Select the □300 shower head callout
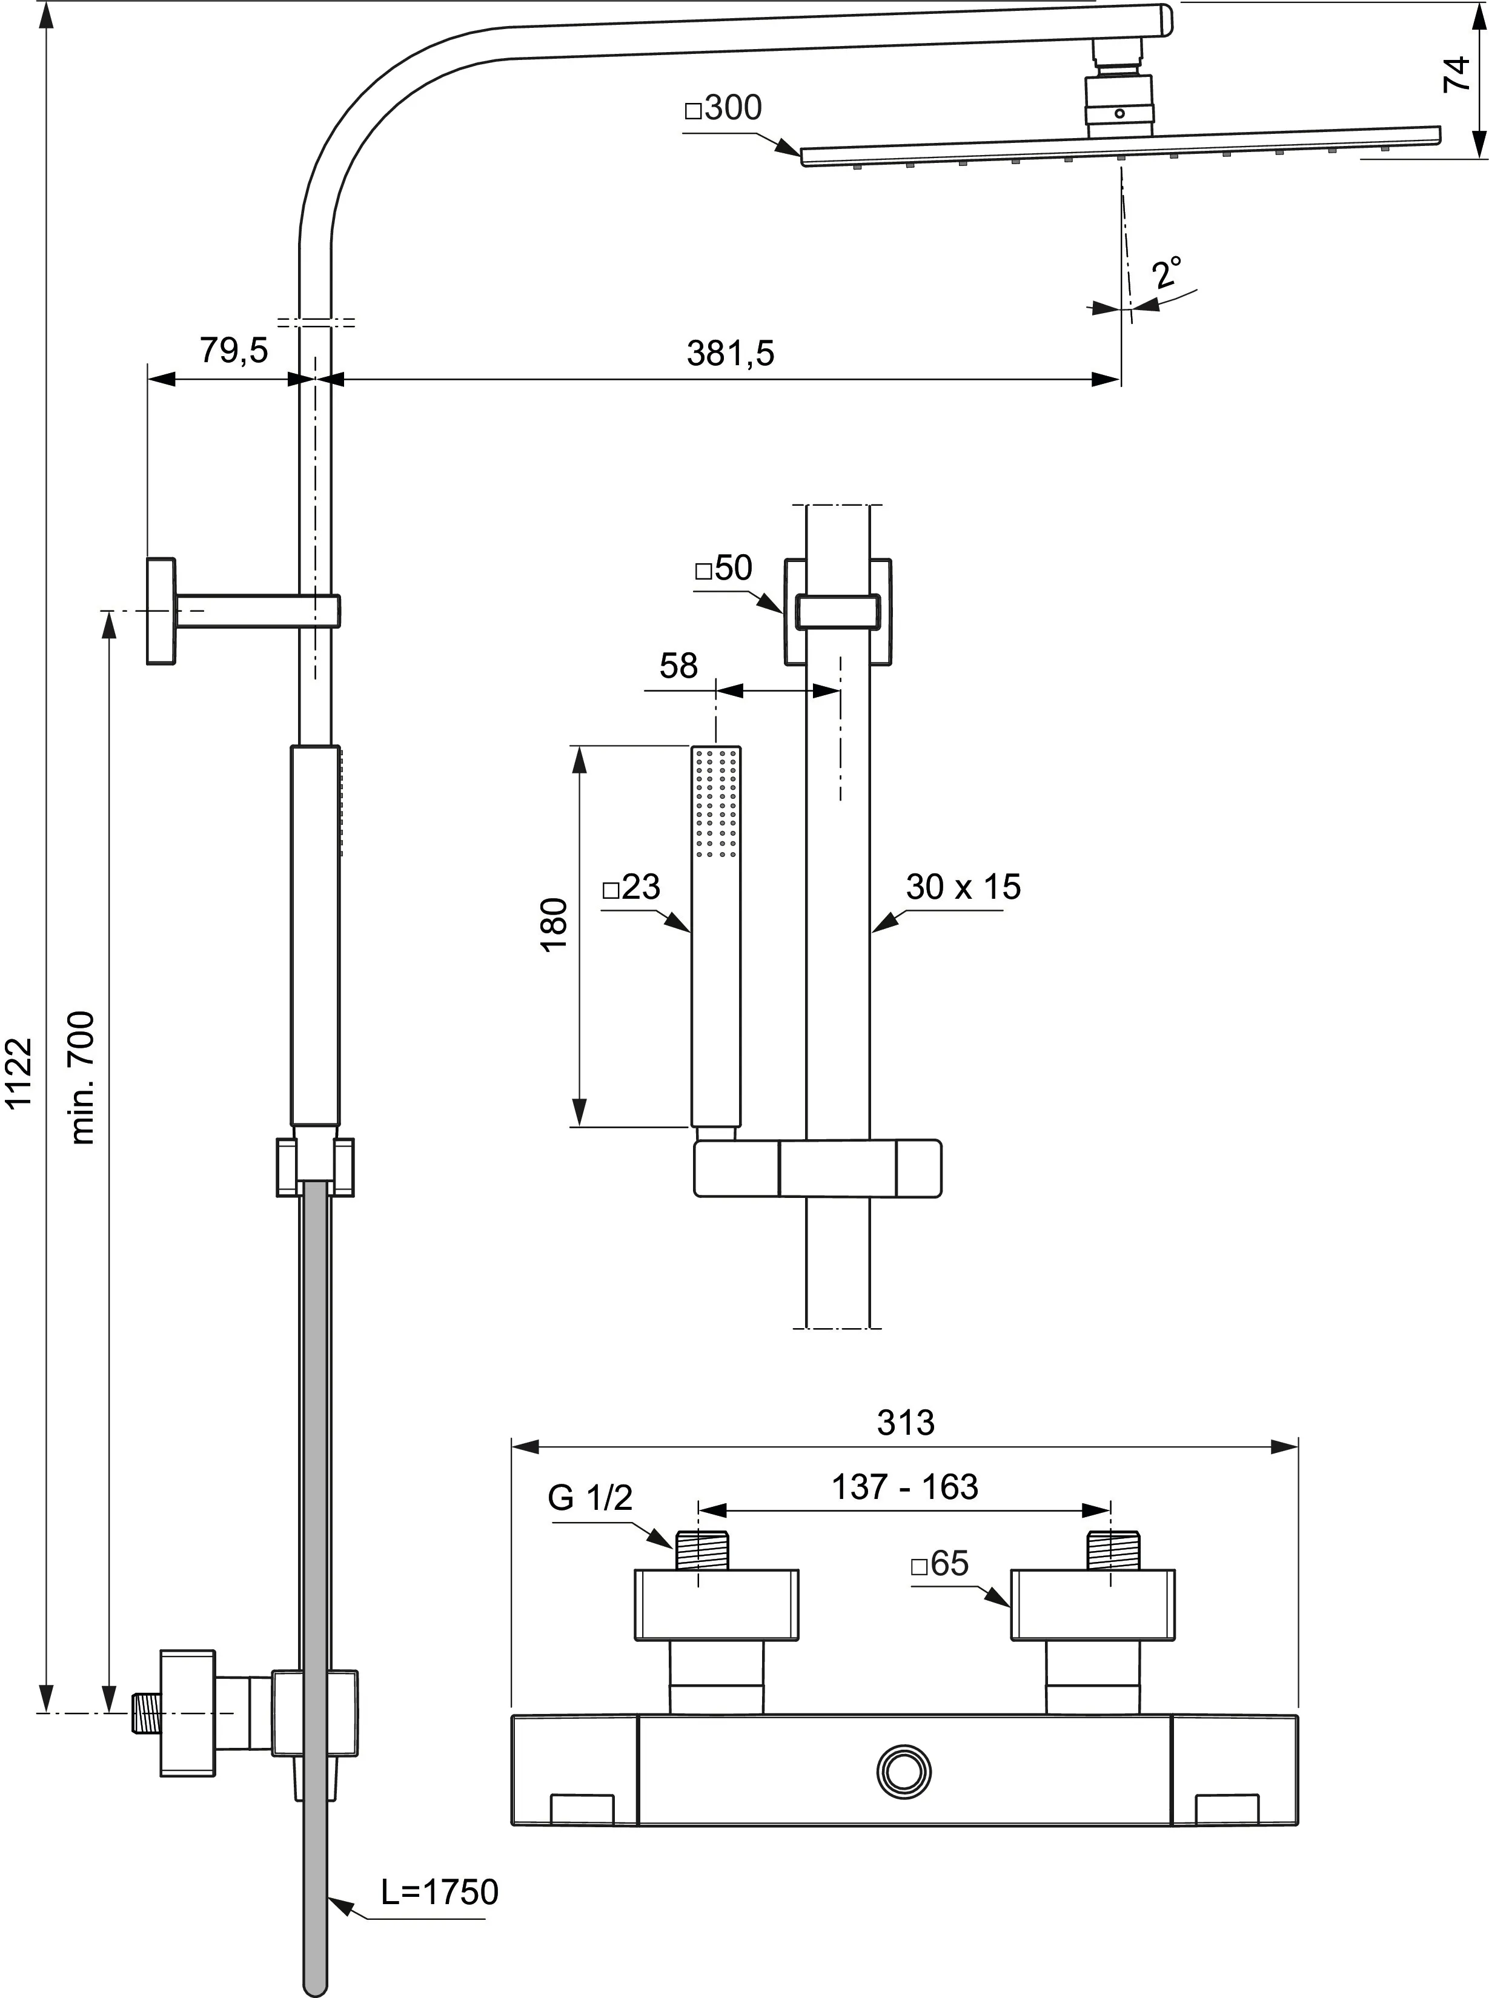(x=724, y=108)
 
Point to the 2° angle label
(x=1167, y=271)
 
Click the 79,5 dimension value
(x=233, y=351)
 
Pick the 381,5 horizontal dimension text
(x=730, y=353)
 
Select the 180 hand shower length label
(x=554, y=923)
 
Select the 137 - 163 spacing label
(x=904, y=1486)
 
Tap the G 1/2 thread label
(x=591, y=1498)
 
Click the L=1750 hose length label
(x=439, y=1891)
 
